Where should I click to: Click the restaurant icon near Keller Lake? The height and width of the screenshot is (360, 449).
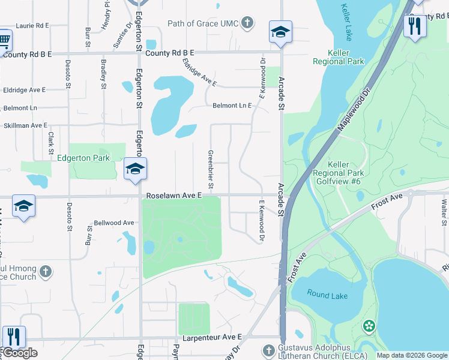click(415, 25)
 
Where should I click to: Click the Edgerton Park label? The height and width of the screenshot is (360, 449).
click(84, 158)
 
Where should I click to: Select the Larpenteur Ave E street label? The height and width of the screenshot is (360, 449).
click(211, 338)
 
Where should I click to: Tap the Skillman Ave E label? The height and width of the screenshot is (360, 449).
click(25, 125)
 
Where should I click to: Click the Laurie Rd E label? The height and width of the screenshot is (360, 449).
click(32, 26)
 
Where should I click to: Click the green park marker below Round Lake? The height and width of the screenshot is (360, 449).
click(369, 326)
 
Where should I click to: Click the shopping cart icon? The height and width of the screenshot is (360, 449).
click(4, 40)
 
